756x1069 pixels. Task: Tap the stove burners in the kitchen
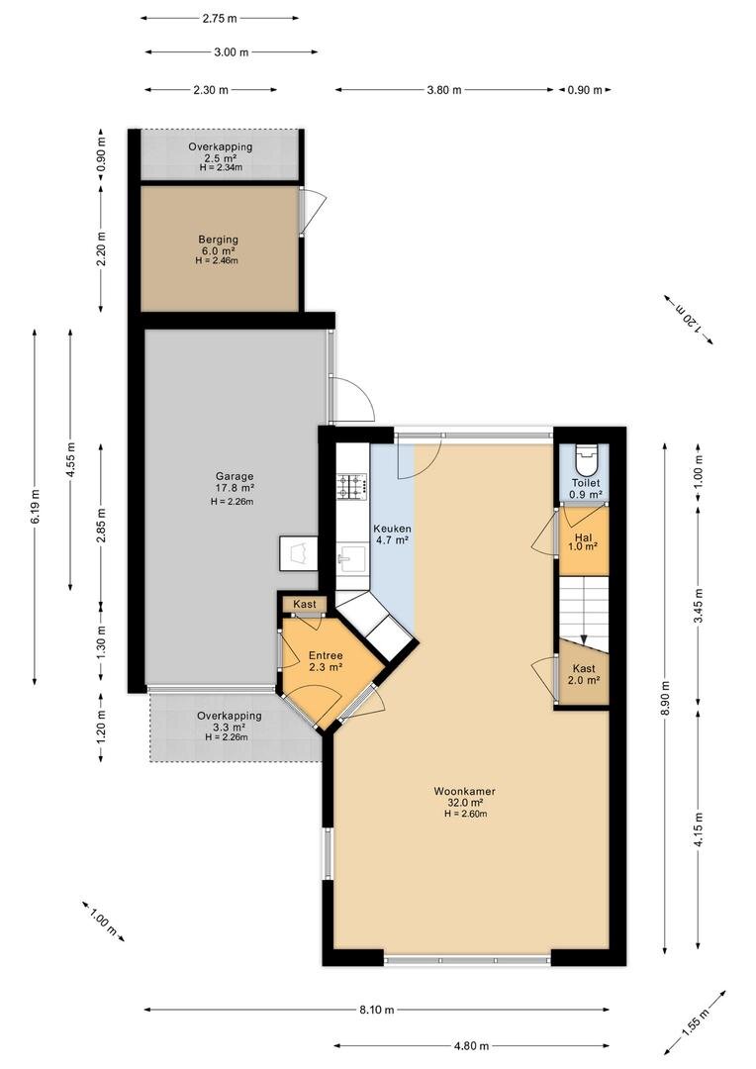(351, 485)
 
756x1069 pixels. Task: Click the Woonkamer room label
(465, 791)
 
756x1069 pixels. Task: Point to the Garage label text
(235, 476)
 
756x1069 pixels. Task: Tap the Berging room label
(218, 240)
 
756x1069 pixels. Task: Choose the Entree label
(326, 655)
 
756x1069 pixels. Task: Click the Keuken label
(392, 529)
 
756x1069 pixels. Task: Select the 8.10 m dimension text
(377, 1010)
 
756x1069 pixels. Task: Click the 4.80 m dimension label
(471, 1046)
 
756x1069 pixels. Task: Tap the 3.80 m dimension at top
(443, 89)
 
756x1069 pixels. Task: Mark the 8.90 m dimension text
(666, 698)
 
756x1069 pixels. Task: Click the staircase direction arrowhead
(584, 639)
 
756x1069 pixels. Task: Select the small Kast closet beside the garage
(305, 604)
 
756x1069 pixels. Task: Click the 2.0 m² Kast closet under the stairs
(584, 674)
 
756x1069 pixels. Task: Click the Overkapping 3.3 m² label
(229, 722)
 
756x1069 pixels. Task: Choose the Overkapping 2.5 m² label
(221, 151)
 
